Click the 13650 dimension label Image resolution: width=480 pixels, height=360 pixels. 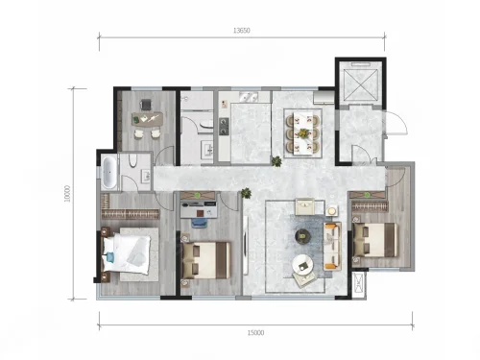(x=242, y=31)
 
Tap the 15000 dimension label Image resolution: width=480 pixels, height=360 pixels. (x=255, y=333)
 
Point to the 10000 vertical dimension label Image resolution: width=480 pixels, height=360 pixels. (x=67, y=194)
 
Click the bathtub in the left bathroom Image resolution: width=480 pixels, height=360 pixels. (x=108, y=173)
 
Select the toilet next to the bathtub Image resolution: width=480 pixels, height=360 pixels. (x=133, y=160)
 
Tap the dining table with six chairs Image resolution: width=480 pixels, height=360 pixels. (x=302, y=132)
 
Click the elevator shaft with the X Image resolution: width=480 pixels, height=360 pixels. (x=360, y=83)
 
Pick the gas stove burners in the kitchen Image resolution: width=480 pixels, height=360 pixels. (x=224, y=126)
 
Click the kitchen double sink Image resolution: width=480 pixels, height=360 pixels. (x=248, y=97)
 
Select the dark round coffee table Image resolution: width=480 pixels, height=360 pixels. (x=302, y=236)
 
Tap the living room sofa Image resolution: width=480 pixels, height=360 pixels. (x=332, y=246)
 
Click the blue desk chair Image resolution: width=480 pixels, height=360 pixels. (x=199, y=223)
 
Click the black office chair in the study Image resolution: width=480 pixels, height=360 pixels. (x=146, y=105)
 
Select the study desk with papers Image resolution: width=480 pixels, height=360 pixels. (x=147, y=119)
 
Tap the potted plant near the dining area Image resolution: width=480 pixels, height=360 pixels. (x=276, y=161)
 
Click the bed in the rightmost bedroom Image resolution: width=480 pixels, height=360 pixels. (x=375, y=240)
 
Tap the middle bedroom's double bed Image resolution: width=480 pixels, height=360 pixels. (x=205, y=260)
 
